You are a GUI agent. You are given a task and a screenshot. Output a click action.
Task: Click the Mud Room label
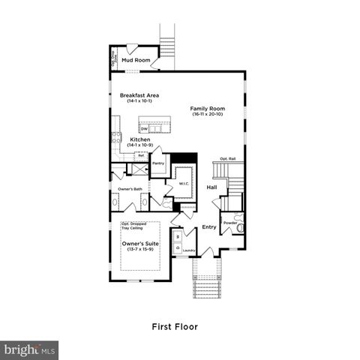[x=136, y=60]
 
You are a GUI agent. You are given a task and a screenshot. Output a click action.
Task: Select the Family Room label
[x=204, y=108]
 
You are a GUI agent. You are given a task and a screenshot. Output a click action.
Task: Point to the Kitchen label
[x=140, y=139]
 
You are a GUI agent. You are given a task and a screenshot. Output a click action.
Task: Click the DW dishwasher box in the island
[x=143, y=127]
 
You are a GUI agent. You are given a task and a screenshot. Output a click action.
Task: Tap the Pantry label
[x=158, y=162]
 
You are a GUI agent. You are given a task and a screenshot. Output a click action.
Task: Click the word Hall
[x=211, y=187]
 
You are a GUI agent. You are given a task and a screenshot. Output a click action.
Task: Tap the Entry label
[x=208, y=226]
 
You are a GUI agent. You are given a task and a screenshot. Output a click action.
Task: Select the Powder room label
[x=229, y=222]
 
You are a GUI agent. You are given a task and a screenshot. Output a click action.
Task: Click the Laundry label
[x=189, y=250]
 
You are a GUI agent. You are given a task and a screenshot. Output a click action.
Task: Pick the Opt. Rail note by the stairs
[x=226, y=158]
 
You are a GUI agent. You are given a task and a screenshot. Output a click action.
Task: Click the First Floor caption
[x=179, y=327]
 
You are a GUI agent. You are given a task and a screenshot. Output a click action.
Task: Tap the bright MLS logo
[x=29, y=349]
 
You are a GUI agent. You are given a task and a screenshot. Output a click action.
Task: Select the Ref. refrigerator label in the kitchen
[x=139, y=156]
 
